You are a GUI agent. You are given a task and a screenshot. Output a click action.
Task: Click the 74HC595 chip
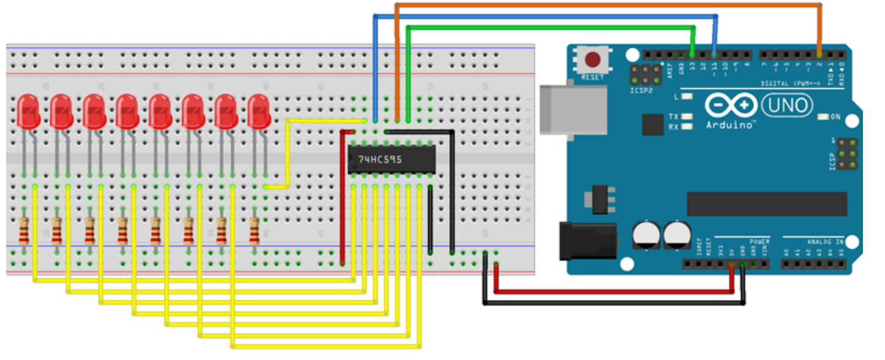coord(392,160)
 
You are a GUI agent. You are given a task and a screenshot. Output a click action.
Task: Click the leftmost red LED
coord(29,111)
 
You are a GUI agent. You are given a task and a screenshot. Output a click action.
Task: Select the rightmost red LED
coord(259,111)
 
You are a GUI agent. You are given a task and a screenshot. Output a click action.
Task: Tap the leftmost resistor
coord(24,231)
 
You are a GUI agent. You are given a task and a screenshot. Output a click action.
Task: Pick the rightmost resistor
coord(255,231)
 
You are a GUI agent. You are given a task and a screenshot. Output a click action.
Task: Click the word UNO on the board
coord(787,106)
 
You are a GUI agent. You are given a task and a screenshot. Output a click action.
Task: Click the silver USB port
coord(572,108)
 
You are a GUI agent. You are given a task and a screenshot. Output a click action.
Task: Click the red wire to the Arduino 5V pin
coord(612,291)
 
